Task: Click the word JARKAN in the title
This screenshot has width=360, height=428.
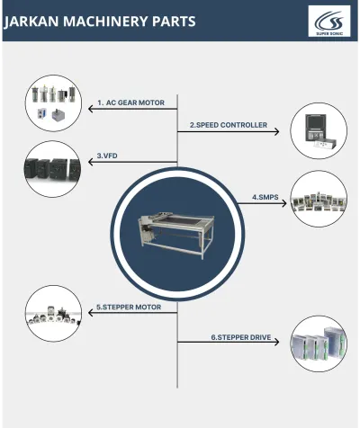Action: [x=34, y=21]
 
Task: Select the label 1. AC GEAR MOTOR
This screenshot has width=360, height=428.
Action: [x=130, y=103]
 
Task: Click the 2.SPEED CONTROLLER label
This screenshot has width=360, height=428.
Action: [x=228, y=126]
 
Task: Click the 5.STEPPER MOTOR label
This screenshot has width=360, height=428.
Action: [x=129, y=308]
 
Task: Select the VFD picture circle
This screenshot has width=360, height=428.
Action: [x=51, y=166]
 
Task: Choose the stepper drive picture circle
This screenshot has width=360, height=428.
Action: [x=318, y=343]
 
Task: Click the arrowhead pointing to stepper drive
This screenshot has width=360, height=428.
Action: [x=279, y=343]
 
